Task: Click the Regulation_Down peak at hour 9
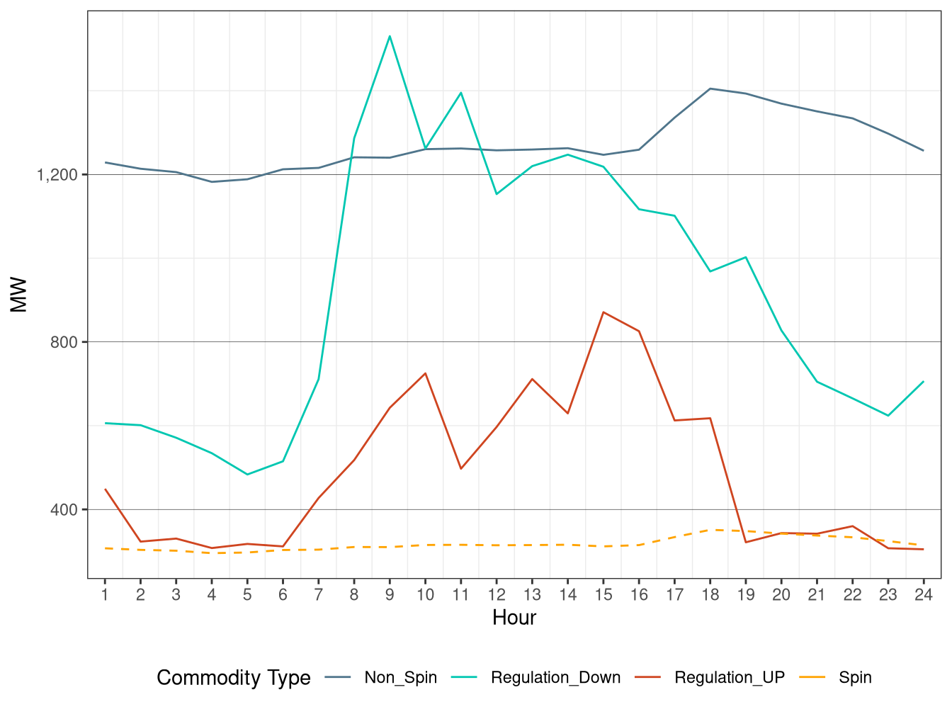click(390, 36)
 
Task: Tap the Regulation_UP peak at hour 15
click(603, 312)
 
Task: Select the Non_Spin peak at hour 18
click(710, 89)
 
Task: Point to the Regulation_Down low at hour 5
click(247, 475)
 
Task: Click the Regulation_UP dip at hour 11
click(460, 469)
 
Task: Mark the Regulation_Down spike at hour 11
click(460, 93)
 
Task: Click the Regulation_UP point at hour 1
click(105, 489)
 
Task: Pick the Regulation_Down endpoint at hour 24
click(923, 382)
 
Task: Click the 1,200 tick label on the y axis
click(57, 175)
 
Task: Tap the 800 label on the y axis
click(64, 342)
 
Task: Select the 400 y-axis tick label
click(64, 510)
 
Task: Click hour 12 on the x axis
click(497, 595)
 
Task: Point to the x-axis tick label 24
click(923, 595)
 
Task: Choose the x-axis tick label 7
click(318, 595)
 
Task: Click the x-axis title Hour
click(514, 618)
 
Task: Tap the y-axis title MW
click(18, 295)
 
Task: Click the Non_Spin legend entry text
click(400, 678)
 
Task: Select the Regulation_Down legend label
click(555, 678)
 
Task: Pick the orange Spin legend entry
click(855, 678)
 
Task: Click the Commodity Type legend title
click(233, 678)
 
